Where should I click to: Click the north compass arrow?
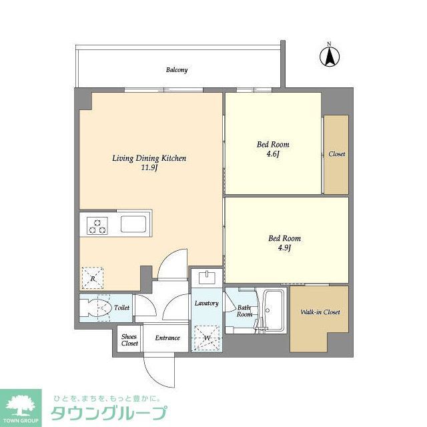coord(329,56)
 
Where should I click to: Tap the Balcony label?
coord(177,69)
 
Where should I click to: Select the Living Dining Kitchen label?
coord(148,159)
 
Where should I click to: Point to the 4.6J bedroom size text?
coord(274,154)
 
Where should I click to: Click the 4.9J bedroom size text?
coord(284,248)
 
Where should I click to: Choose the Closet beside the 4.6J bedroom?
coord(336,154)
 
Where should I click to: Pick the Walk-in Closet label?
coord(320,312)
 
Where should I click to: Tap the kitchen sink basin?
coord(135,224)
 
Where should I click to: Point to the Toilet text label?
coord(121,308)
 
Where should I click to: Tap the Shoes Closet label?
coord(129,339)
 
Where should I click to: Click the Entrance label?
coord(167,338)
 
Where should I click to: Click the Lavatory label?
coord(206,304)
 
